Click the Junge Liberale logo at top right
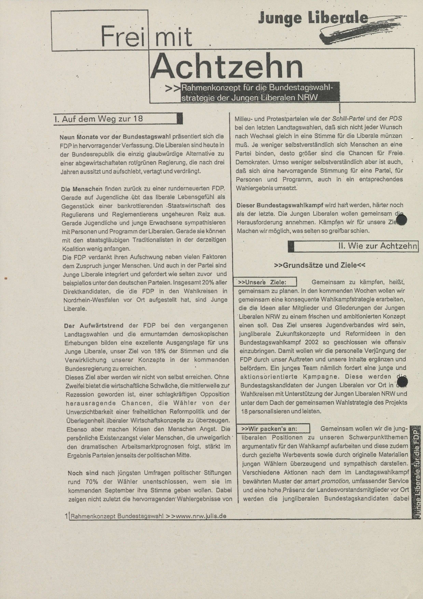[x=313, y=19]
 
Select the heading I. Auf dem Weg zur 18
[x=99, y=119]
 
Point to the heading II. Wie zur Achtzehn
[x=378, y=246]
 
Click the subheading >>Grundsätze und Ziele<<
[x=320, y=265]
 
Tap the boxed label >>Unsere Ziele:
[x=262, y=282]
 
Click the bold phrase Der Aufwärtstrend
[x=94, y=326]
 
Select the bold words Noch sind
[x=83, y=473]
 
